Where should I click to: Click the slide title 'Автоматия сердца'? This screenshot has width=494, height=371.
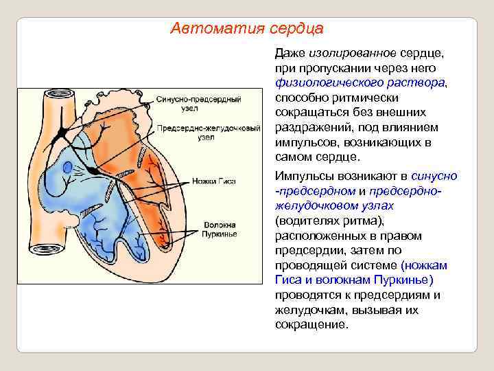[x=247, y=29]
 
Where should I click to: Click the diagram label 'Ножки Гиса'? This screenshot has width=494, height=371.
[x=218, y=181]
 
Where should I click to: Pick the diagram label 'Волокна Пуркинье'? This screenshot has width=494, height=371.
[x=219, y=229]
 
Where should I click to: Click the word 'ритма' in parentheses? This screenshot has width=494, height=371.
[x=366, y=221]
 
